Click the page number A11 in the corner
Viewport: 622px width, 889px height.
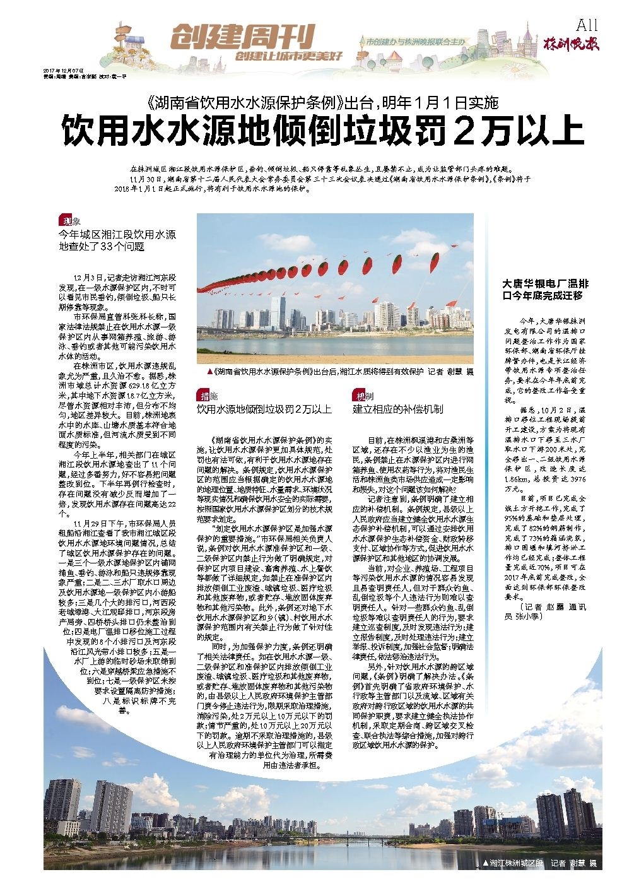coord(587,25)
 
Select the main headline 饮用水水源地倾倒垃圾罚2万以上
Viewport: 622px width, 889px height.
coord(322,131)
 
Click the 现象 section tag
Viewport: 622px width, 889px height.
coord(70,221)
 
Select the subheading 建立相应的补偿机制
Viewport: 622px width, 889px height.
coord(397,409)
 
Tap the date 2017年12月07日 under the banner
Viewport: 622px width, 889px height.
coord(63,71)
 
